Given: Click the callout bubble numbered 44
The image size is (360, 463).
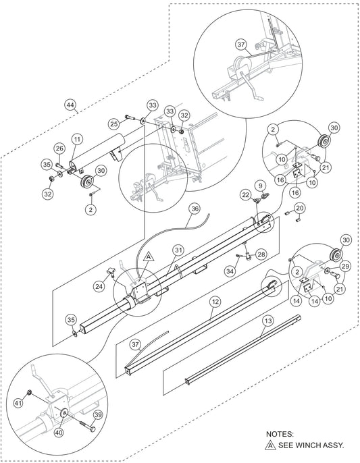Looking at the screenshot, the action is (x=70, y=105).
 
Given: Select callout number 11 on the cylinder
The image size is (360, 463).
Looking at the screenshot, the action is (x=78, y=139).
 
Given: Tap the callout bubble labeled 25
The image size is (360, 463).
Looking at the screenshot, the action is (x=113, y=124).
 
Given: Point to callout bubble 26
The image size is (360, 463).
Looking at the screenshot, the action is (x=59, y=148).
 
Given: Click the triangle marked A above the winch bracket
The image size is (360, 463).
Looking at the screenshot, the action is (x=149, y=257).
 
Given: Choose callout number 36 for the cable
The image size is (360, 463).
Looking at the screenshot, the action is (x=195, y=209).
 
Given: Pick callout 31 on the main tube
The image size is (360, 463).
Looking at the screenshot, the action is (x=178, y=250).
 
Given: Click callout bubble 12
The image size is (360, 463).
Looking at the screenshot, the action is (x=215, y=302).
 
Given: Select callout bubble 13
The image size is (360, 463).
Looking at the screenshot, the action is (x=267, y=321).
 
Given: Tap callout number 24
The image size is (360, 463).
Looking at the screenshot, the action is (x=99, y=286).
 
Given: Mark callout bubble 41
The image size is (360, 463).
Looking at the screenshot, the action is (x=19, y=403).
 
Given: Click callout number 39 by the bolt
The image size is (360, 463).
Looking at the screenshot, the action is (x=98, y=415).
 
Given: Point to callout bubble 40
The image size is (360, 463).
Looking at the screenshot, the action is (x=59, y=433).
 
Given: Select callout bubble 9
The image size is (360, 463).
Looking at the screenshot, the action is (x=261, y=186).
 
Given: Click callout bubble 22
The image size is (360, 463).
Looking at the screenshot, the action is (x=246, y=194).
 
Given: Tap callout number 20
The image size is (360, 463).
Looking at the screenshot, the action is (x=299, y=209).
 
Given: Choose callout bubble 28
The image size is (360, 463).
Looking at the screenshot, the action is (x=261, y=254).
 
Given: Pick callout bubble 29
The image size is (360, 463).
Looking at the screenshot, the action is (x=344, y=267).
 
